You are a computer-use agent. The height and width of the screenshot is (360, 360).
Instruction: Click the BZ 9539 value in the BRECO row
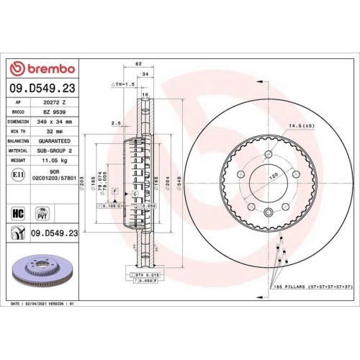click(x=55, y=112)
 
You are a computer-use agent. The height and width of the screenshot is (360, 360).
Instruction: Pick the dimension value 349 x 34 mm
click(x=55, y=122)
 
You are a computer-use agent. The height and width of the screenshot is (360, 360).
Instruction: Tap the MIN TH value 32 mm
click(x=55, y=132)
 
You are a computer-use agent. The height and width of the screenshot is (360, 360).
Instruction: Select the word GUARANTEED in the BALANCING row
click(x=55, y=143)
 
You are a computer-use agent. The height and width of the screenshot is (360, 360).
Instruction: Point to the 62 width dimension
click(x=138, y=64)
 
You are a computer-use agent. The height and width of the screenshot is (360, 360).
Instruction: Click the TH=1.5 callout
click(x=123, y=85)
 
